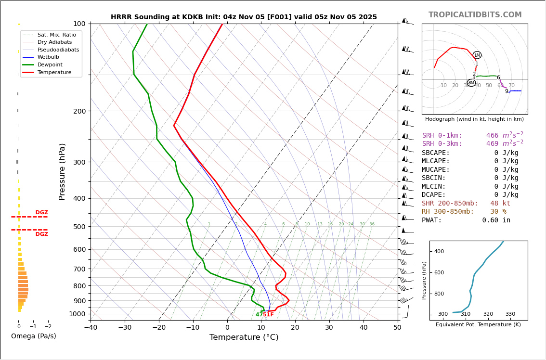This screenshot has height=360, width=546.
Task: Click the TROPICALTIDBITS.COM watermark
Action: pyautogui.click(x=475, y=15)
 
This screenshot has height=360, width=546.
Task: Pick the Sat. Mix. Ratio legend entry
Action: pyautogui.click(x=56, y=35)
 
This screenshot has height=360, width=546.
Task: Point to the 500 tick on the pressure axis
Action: pyautogui.click(x=79, y=227)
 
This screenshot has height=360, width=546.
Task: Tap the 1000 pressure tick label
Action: pyautogui.click(x=77, y=314)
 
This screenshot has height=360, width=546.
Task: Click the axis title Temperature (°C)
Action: pyautogui.click(x=244, y=338)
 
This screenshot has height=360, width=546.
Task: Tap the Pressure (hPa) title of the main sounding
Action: pyautogui.click(x=63, y=171)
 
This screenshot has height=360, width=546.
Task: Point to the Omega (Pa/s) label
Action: pyautogui.click(x=33, y=336)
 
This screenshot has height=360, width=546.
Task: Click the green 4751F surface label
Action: pyautogui.click(x=264, y=315)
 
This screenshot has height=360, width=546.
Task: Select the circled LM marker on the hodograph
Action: pyautogui.click(x=477, y=55)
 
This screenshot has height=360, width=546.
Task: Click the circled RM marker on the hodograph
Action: pyautogui.click(x=471, y=83)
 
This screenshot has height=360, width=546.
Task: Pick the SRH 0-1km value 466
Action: pyautogui.click(x=492, y=136)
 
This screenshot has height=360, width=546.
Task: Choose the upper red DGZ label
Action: pyautogui.click(x=41, y=213)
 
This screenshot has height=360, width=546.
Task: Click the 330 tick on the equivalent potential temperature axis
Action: pyautogui.click(x=510, y=314)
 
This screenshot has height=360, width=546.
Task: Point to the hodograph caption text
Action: pyautogui.click(x=474, y=119)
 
